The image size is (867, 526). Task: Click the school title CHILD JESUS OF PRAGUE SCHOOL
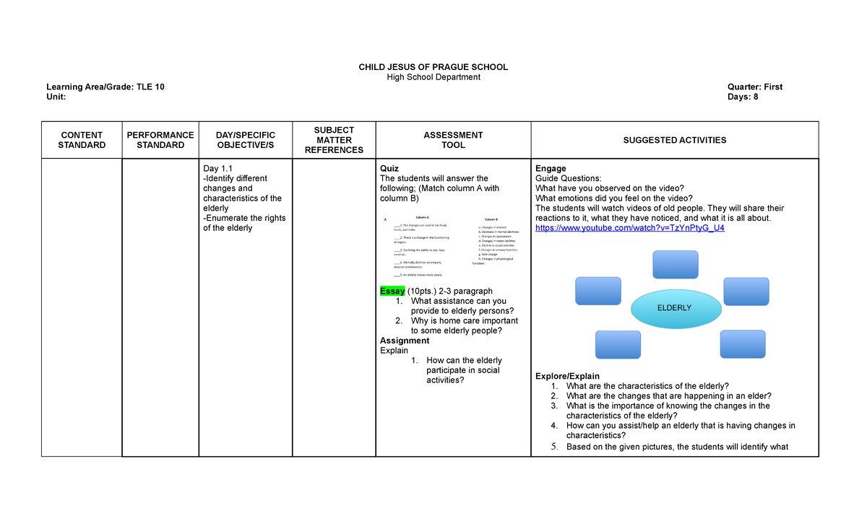click(x=433, y=67)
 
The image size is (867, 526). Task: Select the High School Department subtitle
click(x=433, y=77)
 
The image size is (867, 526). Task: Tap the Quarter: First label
click(x=755, y=87)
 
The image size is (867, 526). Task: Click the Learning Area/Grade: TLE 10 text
click(x=105, y=87)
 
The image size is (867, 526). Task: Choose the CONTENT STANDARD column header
click(x=82, y=140)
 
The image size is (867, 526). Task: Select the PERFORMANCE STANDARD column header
click(x=160, y=140)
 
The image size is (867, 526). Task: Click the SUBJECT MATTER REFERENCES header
click(x=333, y=140)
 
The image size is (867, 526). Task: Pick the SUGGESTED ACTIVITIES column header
click(x=675, y=140)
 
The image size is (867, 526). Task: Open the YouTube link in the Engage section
click(x=629, y=228)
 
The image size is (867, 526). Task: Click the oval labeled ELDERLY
click(x=676, y=308)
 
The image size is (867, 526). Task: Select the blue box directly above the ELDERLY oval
click(x=675, y=264)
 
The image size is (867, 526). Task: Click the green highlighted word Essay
click(x=392, y=291)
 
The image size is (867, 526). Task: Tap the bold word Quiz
click(x=389, y=169)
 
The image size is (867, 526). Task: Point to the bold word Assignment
click(x=405, y=341)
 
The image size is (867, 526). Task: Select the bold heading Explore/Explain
click(x=567, y=376)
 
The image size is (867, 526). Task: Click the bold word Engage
click(x=550, y=169)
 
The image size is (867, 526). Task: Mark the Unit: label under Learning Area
click(x=56, y=97)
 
